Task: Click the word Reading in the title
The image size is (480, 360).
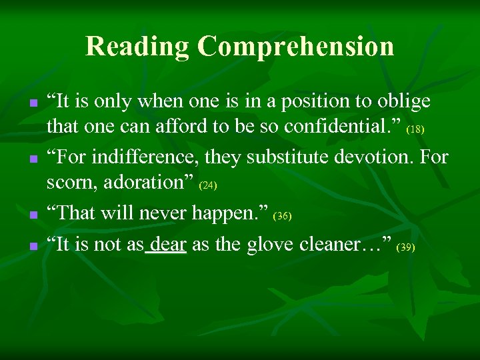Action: (137, 47)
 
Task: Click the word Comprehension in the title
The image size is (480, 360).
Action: (295, 47)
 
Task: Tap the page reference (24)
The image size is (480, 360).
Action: (209, 183)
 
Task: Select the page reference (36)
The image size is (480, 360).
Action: (283, 217)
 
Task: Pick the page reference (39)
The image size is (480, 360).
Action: (405, 247)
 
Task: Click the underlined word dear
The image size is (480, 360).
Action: (168, 245)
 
